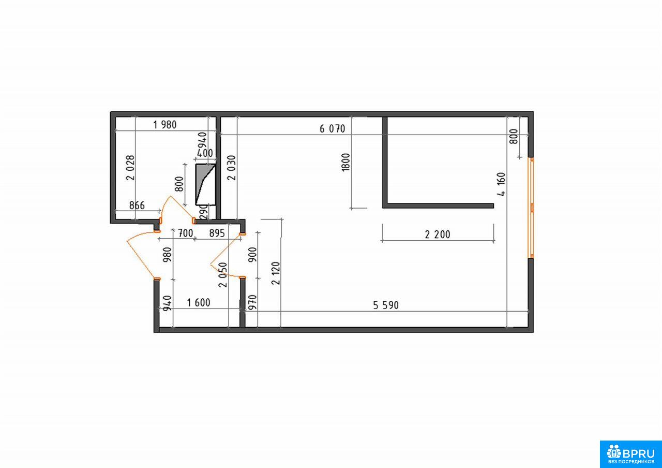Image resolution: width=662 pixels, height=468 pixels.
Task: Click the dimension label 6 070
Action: click(x=332, y=129)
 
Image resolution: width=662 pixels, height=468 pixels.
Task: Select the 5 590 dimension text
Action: click(x=386, y=305)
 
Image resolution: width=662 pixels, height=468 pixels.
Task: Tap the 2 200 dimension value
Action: click(x=438, y=235)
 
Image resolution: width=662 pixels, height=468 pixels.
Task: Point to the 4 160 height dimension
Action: click(x=501, y=184)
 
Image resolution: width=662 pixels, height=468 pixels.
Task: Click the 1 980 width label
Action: click(x=164, y=125)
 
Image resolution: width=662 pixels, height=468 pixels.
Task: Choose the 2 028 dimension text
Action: click(x=130, y=168)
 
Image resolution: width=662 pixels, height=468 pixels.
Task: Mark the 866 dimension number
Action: click(x=137, y=206)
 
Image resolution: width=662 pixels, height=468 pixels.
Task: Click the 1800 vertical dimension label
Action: click(x=345, y=162)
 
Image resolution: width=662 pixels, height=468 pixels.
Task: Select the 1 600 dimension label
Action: click(x=198, y=303)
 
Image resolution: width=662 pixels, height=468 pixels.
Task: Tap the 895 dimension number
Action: click(x=217, y=233)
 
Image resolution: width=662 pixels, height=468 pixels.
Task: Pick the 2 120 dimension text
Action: click(x=276, y=273)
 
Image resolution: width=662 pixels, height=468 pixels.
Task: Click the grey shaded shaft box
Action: click(x=206, y=184)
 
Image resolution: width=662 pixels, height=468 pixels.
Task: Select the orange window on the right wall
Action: click(x=531, y=208)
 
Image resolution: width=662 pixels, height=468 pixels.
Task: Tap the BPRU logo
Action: click(x=630, y=454)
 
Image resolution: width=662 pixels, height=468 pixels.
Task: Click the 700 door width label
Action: click(x=185, y=233)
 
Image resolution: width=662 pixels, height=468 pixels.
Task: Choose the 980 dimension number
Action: click(x=167, y=255)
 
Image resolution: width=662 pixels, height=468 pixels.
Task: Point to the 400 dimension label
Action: click(x=204, y=153)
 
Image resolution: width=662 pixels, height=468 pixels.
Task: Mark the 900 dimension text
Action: click(x=253, y=255)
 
